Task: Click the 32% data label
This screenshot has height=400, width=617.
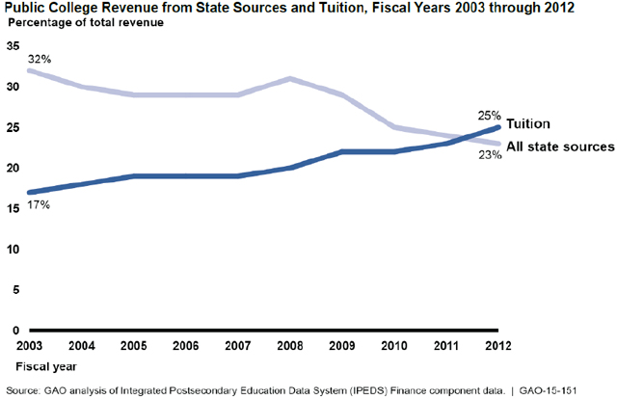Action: [39, 59]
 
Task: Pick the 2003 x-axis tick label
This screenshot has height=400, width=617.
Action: [29, 345]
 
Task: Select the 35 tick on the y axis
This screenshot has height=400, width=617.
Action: [13, 45]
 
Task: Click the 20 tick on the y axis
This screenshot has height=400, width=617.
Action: [13, 168]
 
